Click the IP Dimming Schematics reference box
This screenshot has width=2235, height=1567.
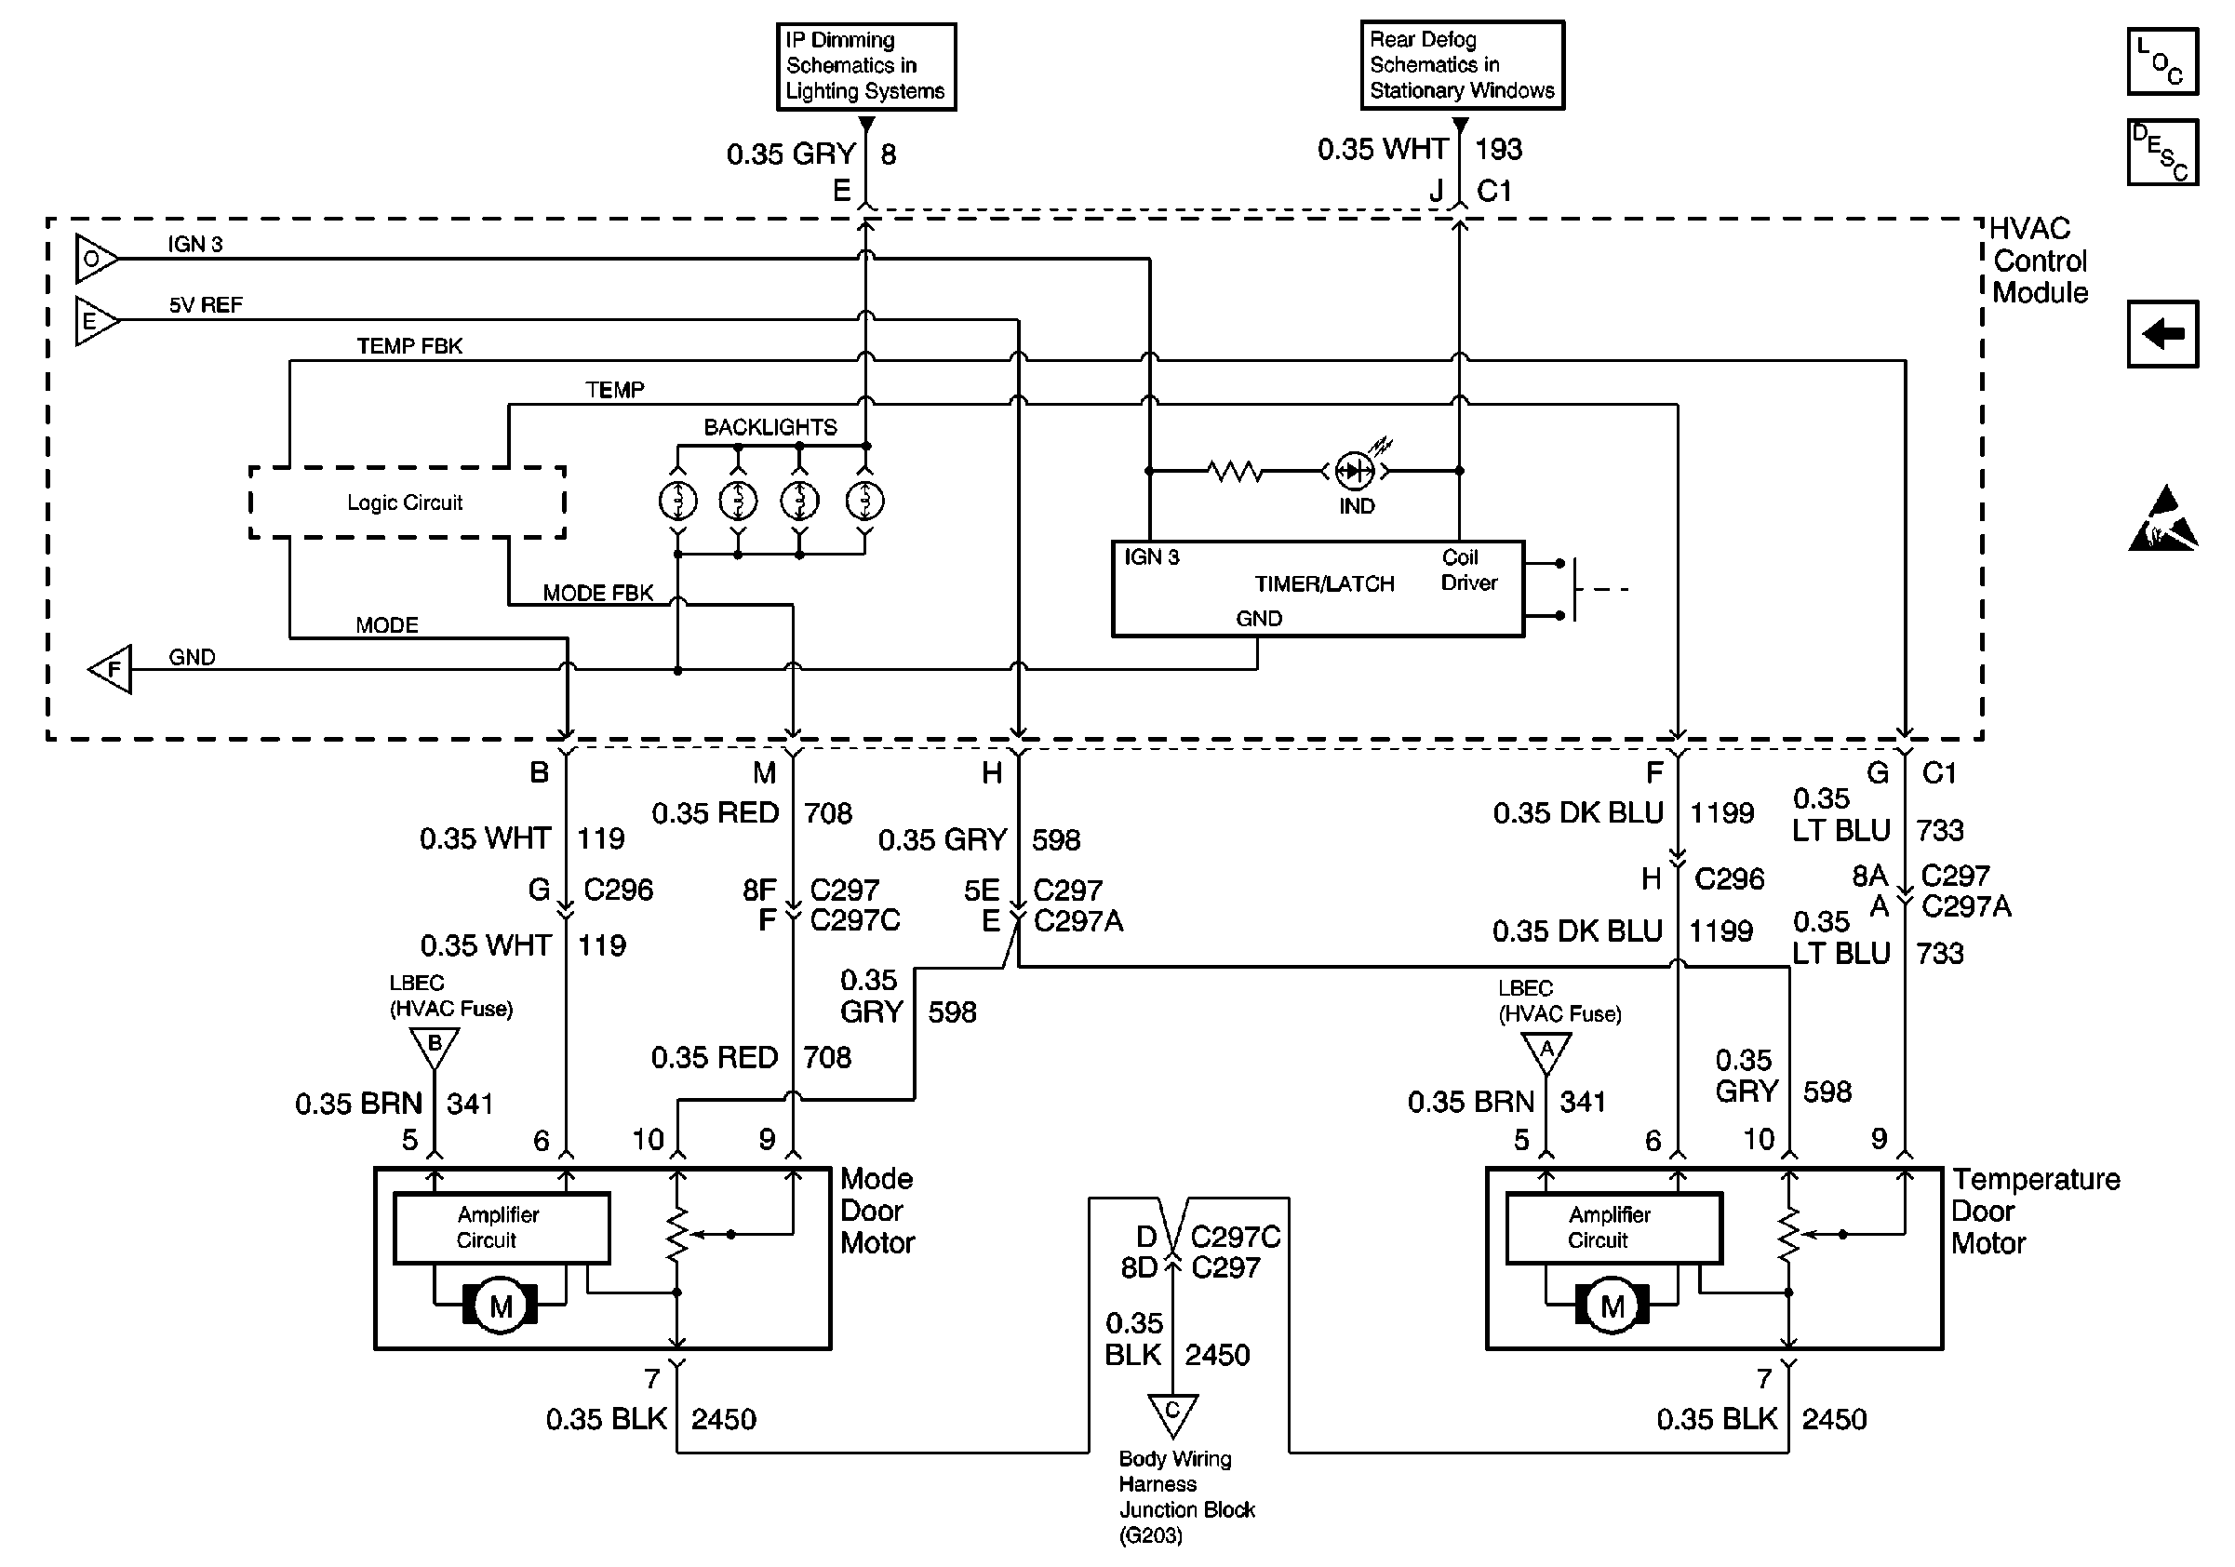pyautogui.click(x=865, y=66)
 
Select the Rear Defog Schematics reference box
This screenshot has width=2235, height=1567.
pyautogui.click(x=1461, y=65)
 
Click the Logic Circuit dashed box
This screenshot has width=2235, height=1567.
pyautogui.click(x=407, y=502)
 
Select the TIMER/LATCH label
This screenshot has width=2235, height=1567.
pyautogui.click(x=1324, y=584)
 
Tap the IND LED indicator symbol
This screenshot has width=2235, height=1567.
pyautogui.click(x=1354, y=471)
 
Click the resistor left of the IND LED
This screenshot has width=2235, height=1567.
pyautogui.click(x=1236, y=471)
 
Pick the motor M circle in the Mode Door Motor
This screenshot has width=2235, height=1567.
pyautogui.click(x=501, y=1306)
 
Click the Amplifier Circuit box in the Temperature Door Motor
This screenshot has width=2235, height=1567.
pyautogui.click(x=1613, y=1227)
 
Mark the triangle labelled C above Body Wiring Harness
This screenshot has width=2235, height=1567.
pyautogui.click(x=1172, y=1413)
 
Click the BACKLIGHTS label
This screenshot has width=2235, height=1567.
pyautogui.click(x=770, y=427)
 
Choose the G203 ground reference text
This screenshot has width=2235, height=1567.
pyautogui.click(x=1151, y=1536)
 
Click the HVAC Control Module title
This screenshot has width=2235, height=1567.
pyautogui.click(x=2039, y=261)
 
